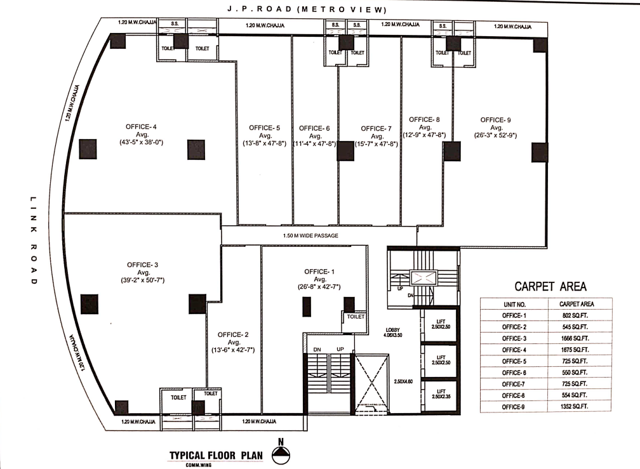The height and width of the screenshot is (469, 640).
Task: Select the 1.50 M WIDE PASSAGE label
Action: pos(310,236)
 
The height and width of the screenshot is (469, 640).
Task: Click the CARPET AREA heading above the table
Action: pos(550,286)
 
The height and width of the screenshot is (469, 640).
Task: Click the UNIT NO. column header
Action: pos(515,304)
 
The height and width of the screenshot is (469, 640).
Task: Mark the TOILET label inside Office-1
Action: pos(356,316)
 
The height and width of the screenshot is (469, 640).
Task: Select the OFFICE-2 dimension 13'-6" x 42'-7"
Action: pos(233,350)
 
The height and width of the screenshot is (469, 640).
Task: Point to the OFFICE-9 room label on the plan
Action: pos(496,119)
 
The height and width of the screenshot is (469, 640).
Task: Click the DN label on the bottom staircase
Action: pos(316,350)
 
